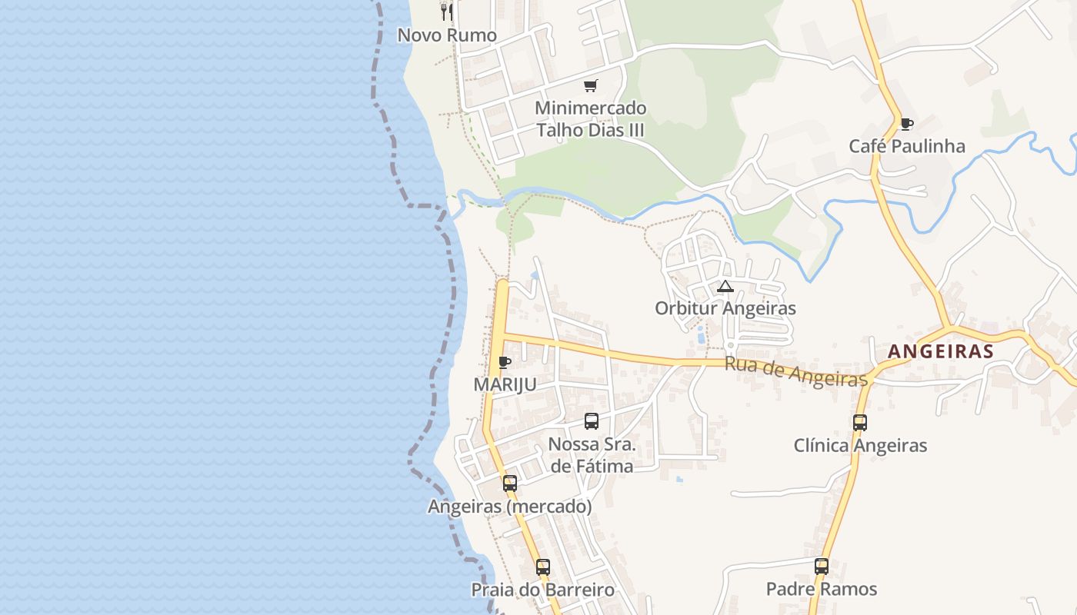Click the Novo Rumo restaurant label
447,35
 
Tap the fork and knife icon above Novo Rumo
447,12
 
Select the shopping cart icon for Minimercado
590,86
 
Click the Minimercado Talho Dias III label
590,119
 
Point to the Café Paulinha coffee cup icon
906,124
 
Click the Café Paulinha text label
906,146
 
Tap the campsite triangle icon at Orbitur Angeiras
725,287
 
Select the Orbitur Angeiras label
725,308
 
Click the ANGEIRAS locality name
940,351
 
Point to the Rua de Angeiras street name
796,372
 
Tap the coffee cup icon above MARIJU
505,362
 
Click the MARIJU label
505,384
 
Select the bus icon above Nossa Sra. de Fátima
591,421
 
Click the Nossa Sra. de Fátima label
592,455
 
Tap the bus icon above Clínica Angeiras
859,423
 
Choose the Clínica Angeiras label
860,445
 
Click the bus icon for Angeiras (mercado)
509,484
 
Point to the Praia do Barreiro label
542,590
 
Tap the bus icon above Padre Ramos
821,567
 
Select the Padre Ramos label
821,589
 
